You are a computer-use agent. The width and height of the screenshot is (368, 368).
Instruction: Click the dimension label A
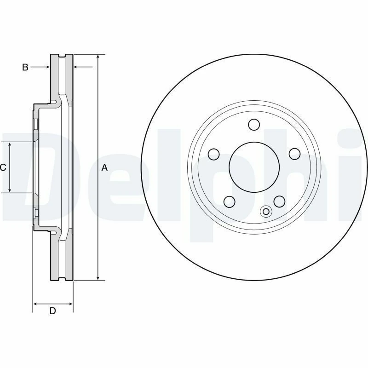point(104,168)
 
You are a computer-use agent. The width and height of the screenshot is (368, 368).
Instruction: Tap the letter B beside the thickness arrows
point(25,68)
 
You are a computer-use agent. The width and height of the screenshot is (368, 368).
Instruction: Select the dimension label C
point(3,168)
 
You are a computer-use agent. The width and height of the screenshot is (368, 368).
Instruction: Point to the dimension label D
point(52,311)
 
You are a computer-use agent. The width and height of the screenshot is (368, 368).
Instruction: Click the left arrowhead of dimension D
point(36,304)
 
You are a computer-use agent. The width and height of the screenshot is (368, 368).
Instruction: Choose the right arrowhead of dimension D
point(70,304)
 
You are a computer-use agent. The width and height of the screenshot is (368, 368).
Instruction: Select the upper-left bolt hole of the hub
point(213,154)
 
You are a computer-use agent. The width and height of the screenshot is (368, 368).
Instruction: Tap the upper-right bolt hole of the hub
point(293,154)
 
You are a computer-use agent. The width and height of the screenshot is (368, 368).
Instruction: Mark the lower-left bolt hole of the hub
point(229,201)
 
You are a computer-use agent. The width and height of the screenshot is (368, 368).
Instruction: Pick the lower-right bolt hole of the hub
point(278,201)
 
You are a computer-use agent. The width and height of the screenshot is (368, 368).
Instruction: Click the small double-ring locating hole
point(265,212)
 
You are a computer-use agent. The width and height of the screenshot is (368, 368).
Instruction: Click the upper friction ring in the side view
point(62,76)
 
